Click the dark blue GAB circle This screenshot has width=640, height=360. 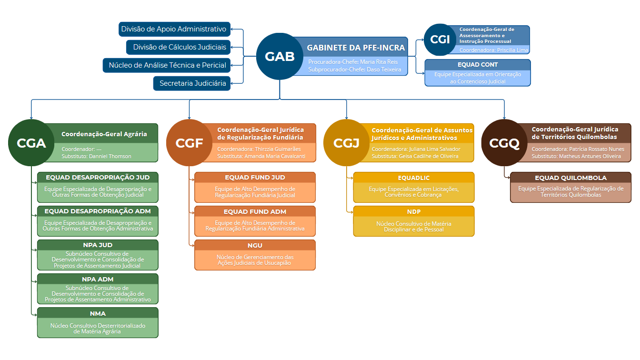pos(280,56)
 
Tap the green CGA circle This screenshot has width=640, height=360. pos(31,142)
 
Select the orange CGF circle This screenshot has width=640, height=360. pos(189,142)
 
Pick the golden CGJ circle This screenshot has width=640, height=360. pos(347,142)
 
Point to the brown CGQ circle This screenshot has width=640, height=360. pos(504,142)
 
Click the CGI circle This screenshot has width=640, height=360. pos(440,40)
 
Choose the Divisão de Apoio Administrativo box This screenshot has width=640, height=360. pos(175,29)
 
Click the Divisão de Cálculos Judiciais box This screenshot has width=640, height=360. pos(178,47)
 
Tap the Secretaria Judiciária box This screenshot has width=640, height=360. pos(192,83)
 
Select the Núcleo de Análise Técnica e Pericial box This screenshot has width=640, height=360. pos(167,65)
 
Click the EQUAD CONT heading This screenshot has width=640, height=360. pos(478,65)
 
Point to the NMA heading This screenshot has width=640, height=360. pos(98,313)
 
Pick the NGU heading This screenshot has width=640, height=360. pos(255,245)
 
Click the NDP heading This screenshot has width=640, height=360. pos(414,212)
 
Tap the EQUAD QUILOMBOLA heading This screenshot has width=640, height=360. pos(570,178)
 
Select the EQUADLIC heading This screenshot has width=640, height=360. pos(414,178)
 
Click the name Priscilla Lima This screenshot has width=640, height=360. pos(512,50)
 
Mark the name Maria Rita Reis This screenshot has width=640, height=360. pos(379,62)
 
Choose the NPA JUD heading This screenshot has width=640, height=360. pos(98,245)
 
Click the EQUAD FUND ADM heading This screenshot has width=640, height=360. pos(255,212)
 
